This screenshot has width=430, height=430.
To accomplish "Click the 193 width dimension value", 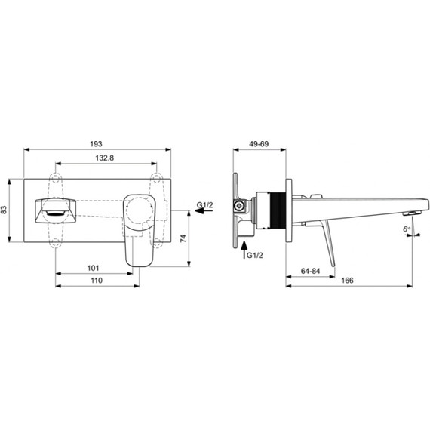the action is [96, 143].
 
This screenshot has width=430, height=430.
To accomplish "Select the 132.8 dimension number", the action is [105, 158].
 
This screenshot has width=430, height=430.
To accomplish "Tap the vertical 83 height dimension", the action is [4, 210].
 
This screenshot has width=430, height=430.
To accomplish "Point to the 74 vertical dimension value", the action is [183, 238].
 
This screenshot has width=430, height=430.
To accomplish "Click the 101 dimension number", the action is [93, 268].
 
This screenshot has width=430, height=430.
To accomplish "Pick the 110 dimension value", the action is [97, 281].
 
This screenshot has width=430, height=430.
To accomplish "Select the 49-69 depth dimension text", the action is [259, 143].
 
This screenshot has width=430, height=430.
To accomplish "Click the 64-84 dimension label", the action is [311, 271].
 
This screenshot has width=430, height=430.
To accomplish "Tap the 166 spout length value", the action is [348, 281].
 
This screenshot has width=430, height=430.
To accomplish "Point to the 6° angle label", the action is [407, 229].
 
